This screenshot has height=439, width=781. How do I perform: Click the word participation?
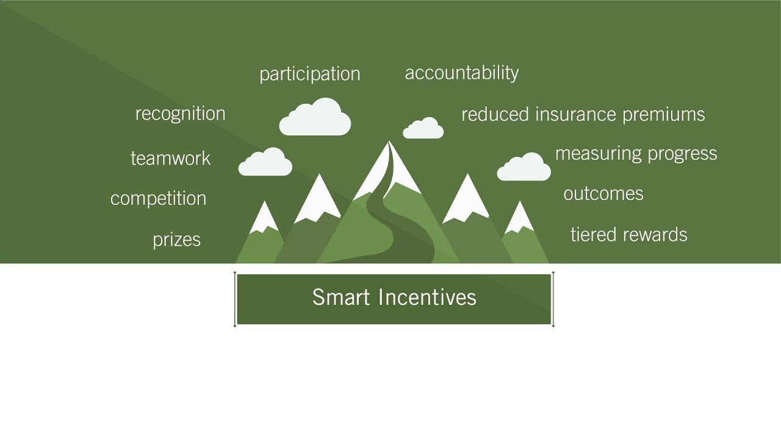pyautogui.click(x=310, y=74)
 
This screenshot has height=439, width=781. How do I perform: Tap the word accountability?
pyautogui.click(x=462, y=73)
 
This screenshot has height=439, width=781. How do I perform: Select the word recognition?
pyautogui.click(x=180, y=113)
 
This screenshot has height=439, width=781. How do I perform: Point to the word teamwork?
pyautogui.click(x=170, y=159)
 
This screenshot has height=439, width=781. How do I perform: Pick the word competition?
pyautogui.click(x=158, y=199)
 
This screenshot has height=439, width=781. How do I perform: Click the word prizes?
pyautogui.click(x=176, y=240)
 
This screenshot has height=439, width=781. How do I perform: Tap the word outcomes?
pyautogui.click(x=603, y=194)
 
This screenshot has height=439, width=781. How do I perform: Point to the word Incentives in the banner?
pyautogui.click(x=427, y=298)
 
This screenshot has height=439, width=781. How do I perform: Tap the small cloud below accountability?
pyautogui.click(x=423, y=129)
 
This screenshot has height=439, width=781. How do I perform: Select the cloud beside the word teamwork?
pyautogui.click(x=265, y=163)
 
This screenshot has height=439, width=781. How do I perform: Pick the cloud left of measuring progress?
pyautogui.click(x=524, y=168)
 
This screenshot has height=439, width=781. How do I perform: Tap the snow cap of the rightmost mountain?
pyautogui.click(x=519, y=218)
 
